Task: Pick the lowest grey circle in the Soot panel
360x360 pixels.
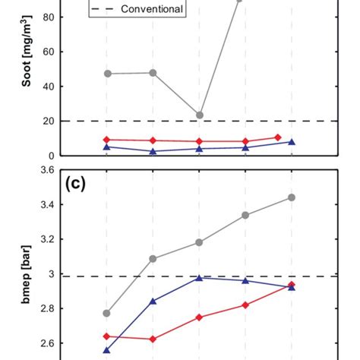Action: click(200, 115)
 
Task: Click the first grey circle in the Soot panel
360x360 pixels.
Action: click(107, 74)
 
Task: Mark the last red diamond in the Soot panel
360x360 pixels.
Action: click(277, 137)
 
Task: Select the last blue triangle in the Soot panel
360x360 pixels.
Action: click(292, 142)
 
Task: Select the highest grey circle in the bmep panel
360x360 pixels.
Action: click(292, 197)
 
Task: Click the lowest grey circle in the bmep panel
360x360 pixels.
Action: click(107, 313)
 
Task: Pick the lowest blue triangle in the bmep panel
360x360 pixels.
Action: click(107, 350)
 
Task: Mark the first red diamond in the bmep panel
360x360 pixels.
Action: click(107, 336)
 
